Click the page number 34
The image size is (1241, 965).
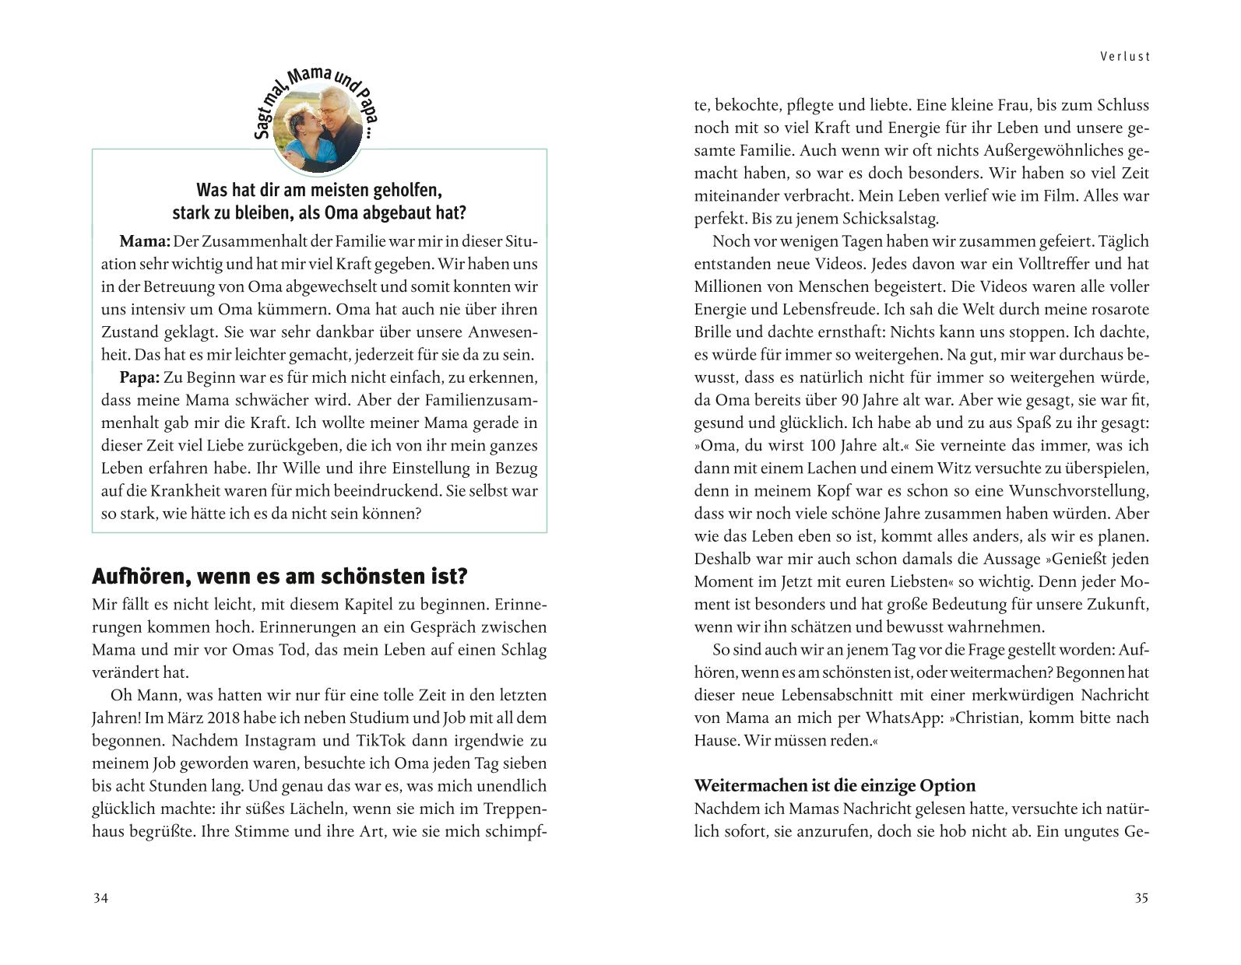pos(100,898)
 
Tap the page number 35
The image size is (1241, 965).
pos(1141,898)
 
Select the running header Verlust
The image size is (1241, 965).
pos(1125,56)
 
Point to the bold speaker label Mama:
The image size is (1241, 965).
pos(145,241)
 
